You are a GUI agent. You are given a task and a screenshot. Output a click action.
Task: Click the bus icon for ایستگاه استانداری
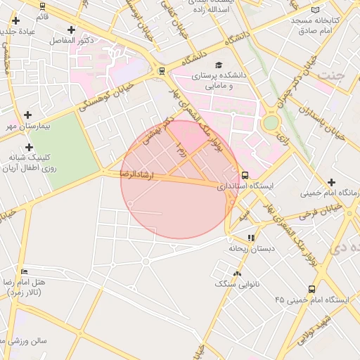[245, 175]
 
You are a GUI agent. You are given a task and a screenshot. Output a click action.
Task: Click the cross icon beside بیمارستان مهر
[27, 114]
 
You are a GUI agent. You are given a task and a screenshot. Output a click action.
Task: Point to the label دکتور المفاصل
[72, 41]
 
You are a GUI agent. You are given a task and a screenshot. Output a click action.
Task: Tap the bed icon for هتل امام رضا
[25, 271]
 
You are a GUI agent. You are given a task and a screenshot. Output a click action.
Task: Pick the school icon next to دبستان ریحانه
[252, 238]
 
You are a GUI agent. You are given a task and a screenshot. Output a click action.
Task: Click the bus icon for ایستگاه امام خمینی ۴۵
[311, 288]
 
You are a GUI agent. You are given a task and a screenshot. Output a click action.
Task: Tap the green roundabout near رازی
[271, 122]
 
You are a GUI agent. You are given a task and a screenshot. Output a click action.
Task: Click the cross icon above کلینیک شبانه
[29, 147]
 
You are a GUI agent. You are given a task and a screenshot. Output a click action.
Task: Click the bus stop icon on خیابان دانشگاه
[162, 70]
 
